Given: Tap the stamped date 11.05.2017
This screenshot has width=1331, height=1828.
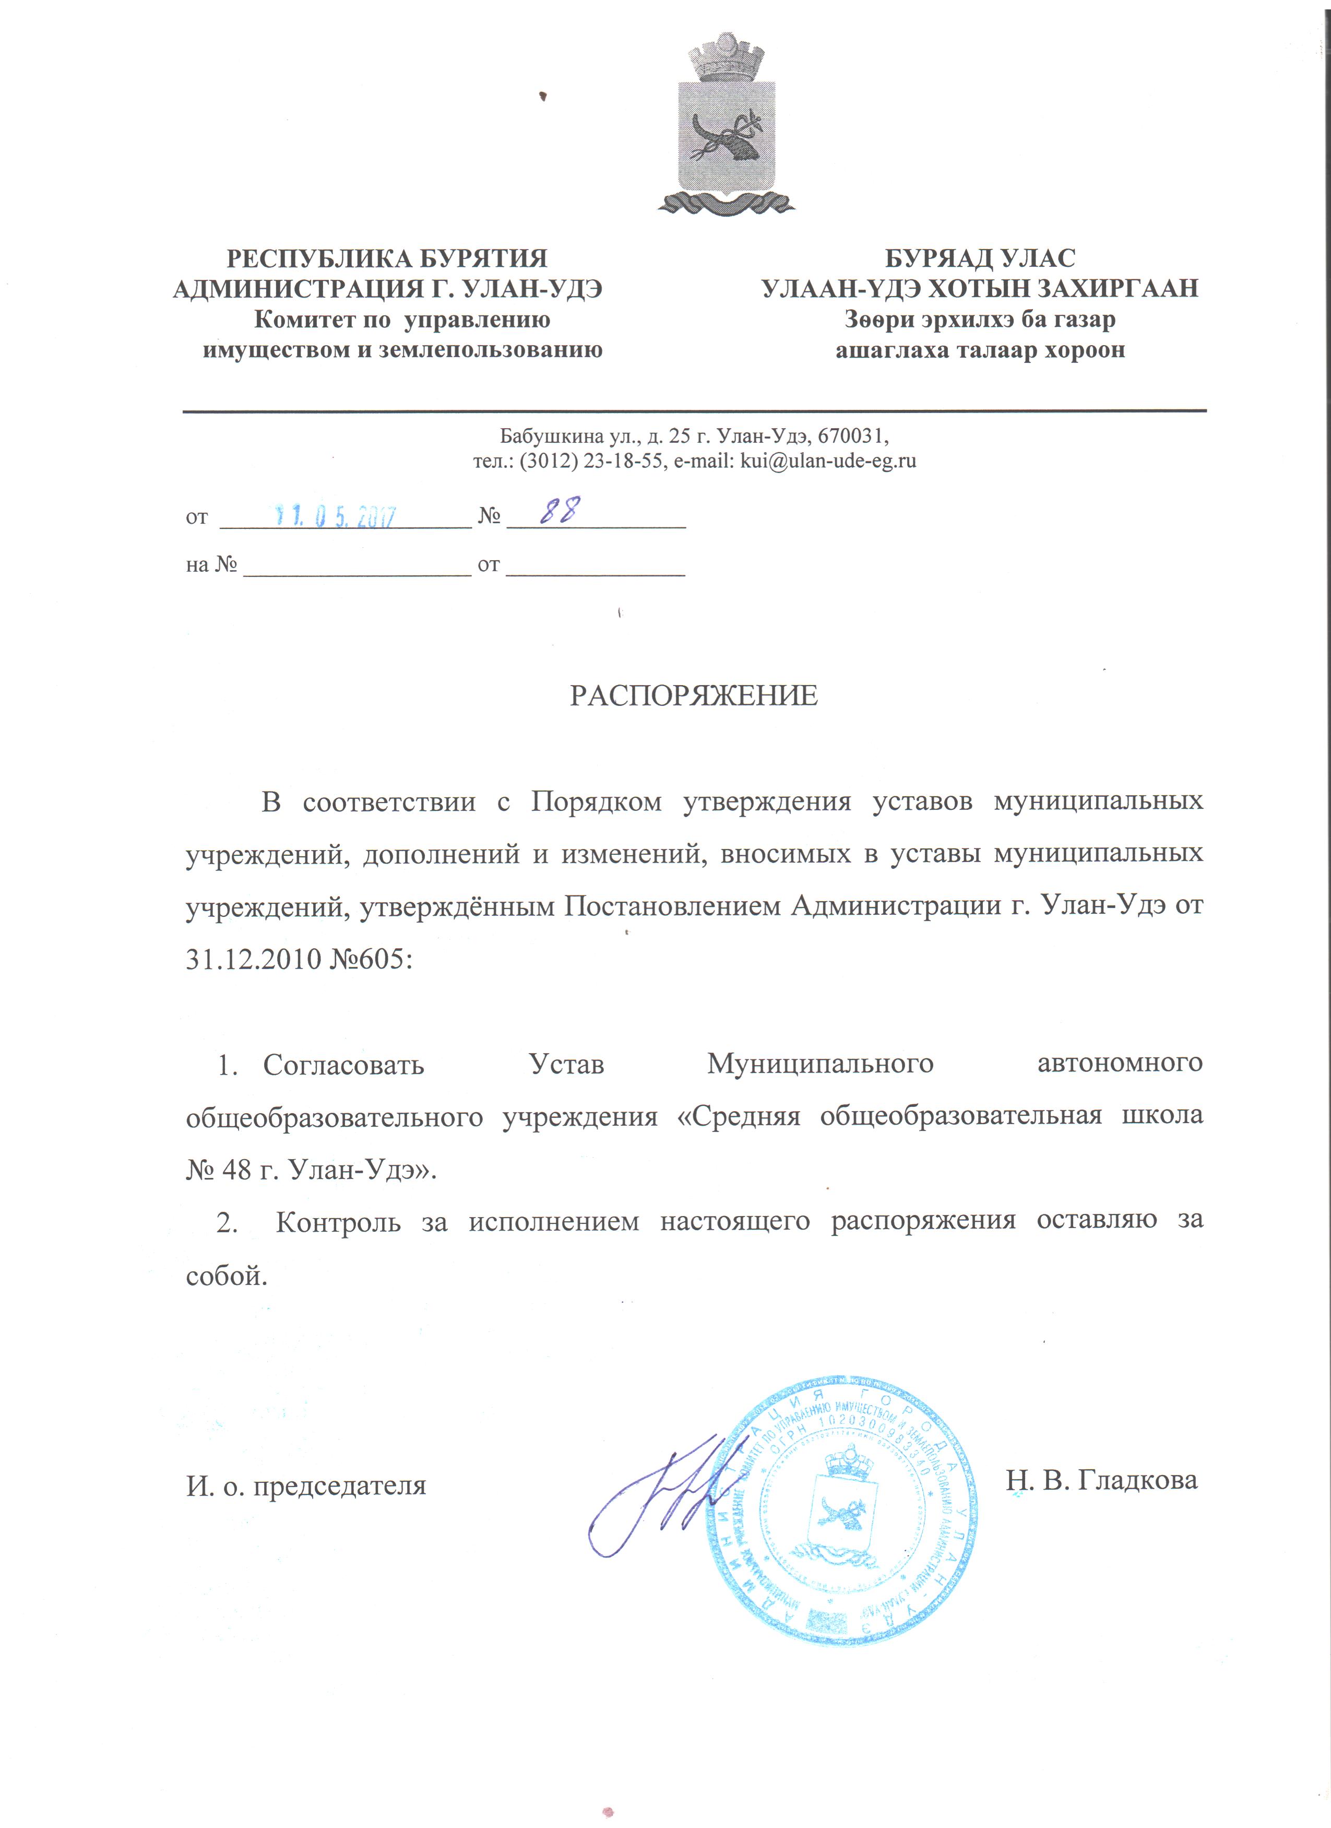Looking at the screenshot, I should (x=337, y=516).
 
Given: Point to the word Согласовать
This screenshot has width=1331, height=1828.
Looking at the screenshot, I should (x=343, y=1065).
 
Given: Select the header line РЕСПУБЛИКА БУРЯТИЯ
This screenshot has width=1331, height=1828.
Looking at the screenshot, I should (x=387, y=259).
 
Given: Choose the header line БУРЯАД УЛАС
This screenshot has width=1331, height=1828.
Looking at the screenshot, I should (x=980, y=259).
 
